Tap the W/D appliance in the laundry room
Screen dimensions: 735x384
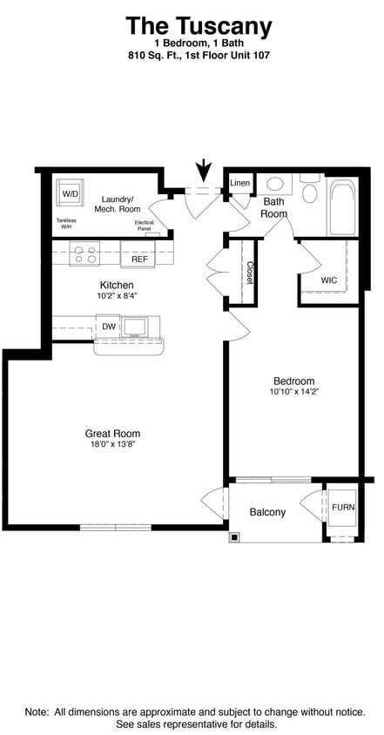pyautogui.click(x=70, y=192)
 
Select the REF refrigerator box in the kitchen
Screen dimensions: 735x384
pyautogui.click(x=138, y=259)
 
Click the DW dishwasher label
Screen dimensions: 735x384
pyautogui.click(x=109, y=327)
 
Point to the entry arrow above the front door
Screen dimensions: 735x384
pyautogui.click(x=204, y=170)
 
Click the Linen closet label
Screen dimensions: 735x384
pyautogui.click(x=239, y=183)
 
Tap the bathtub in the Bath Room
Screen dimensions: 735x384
pyautogui.click(x=342, y=207)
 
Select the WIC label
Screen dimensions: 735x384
pyautogui.click(x=328, y=280)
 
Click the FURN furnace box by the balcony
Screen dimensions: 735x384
pyautogui.click(x=342, y=507)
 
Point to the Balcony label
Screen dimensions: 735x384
pyautogui.click(x=267, y=512)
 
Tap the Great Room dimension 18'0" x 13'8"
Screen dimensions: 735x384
pyautogui.click(x=112, y=444)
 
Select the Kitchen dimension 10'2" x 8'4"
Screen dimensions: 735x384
pyautogui.click(x=116, y=295)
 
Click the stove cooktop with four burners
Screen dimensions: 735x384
pyautogui.click(x=84, y=254)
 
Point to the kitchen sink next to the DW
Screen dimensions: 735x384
pyautogui.click(x=135, y=327)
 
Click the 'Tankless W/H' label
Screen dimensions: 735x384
pyautogui.click(x=66, y=223)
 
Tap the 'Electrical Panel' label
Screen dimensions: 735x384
pyautogui.click(x=145, y=226)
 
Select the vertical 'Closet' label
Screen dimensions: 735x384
pyautogui.click(x=249, y=273)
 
